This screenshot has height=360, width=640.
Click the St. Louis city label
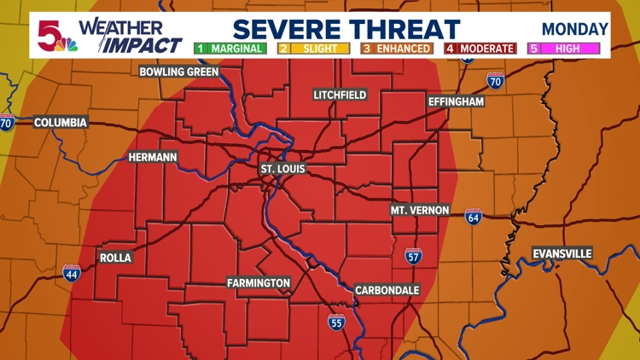click(282, 169)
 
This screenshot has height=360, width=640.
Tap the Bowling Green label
click(179, 73)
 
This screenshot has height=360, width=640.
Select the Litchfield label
click(340, 95)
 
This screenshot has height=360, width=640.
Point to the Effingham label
click(456, 102)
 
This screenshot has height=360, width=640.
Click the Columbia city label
click(61, 123)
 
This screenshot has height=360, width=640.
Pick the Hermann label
click(153, 158)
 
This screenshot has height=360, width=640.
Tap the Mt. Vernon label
click(420, 210)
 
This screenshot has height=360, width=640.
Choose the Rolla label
click(115, 258)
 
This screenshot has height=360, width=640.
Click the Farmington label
click(259, 283)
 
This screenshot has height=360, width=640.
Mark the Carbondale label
click(387, 290)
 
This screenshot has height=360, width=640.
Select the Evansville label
click(561, 254)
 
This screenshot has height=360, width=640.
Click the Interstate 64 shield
click(473, 217)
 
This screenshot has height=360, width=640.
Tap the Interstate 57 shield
click(413, 254)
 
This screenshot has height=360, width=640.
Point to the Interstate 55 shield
click(336, 322)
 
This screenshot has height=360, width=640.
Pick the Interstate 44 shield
click(72, 273)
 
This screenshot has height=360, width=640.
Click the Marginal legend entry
click(229, 49)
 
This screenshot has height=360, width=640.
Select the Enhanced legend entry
click(397, 49)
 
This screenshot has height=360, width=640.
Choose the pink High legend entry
click(563, 49)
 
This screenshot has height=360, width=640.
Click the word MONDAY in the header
click(574, 29)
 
